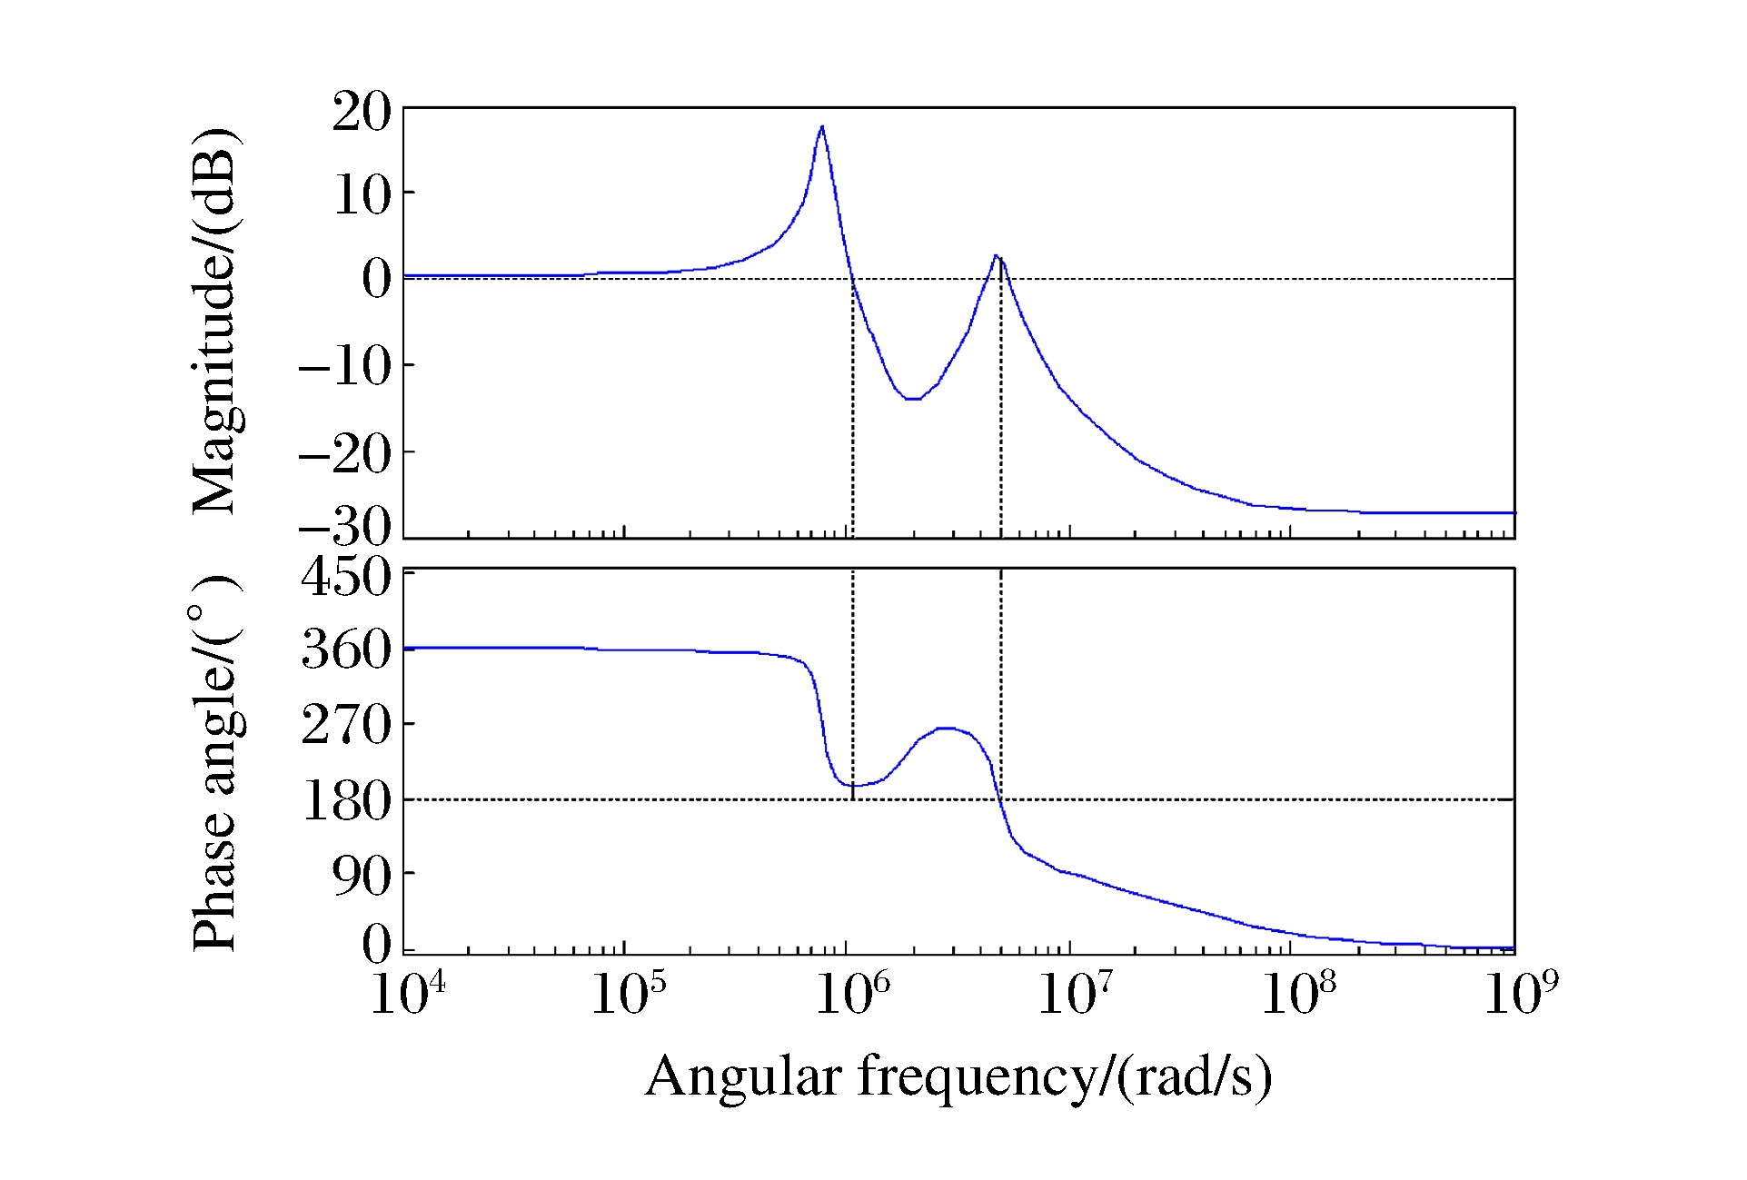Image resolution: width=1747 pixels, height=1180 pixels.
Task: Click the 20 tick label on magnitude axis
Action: [361, 114]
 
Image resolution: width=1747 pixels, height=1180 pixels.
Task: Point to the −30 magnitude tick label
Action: [345, 526]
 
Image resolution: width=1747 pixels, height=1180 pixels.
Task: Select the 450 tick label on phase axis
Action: [345, 577]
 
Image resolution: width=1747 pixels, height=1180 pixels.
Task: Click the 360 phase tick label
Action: [345, 650]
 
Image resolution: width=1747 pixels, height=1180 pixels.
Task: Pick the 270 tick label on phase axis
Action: [345, 726]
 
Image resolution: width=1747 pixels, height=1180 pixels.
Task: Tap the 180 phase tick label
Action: [345, 801]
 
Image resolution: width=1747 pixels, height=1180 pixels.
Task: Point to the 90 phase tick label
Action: [361, 875]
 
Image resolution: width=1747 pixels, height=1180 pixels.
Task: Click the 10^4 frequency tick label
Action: [408, 994]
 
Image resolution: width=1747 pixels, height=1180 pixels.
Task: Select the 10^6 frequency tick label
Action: [852, 994]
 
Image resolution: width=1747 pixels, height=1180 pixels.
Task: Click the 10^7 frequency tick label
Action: [1075, 994]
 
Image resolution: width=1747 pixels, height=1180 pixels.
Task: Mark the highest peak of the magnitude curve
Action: [821, 127]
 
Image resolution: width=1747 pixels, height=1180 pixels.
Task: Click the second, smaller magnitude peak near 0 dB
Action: [996, 256]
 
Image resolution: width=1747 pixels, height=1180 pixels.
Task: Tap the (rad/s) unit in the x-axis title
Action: [1194, 1077]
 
